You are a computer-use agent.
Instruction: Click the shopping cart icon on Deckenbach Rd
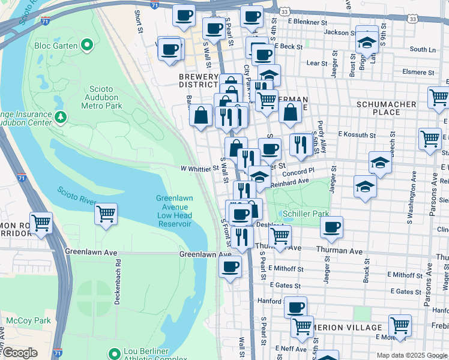[106, 214]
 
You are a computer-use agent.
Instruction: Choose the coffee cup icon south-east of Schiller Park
[331, 227]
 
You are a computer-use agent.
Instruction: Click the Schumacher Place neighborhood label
[386, 108]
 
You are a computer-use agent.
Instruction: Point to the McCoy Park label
[28, 320]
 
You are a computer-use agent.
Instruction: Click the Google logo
[19, 352]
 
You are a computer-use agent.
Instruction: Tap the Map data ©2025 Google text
[412, 355]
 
